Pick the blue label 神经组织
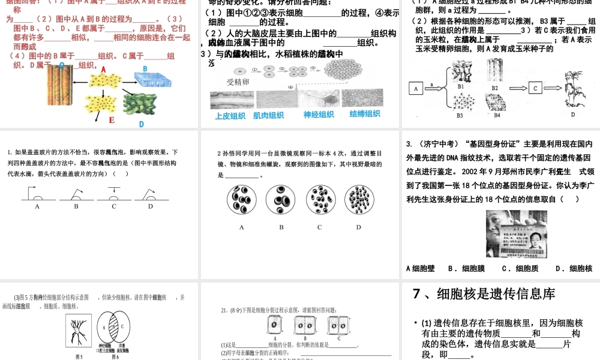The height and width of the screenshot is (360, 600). [319, 115]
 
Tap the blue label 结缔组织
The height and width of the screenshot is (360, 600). [364, 114]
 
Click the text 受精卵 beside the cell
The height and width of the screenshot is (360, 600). [238, 82]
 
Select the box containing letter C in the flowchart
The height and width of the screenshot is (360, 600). [535, 88]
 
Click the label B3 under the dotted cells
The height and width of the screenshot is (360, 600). [460, 115]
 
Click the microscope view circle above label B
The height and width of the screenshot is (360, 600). [281, 200]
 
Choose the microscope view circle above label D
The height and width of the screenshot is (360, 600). [358, 200]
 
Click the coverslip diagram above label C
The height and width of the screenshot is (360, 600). [113, 193]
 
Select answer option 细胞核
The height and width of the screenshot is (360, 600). [575, 268]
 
